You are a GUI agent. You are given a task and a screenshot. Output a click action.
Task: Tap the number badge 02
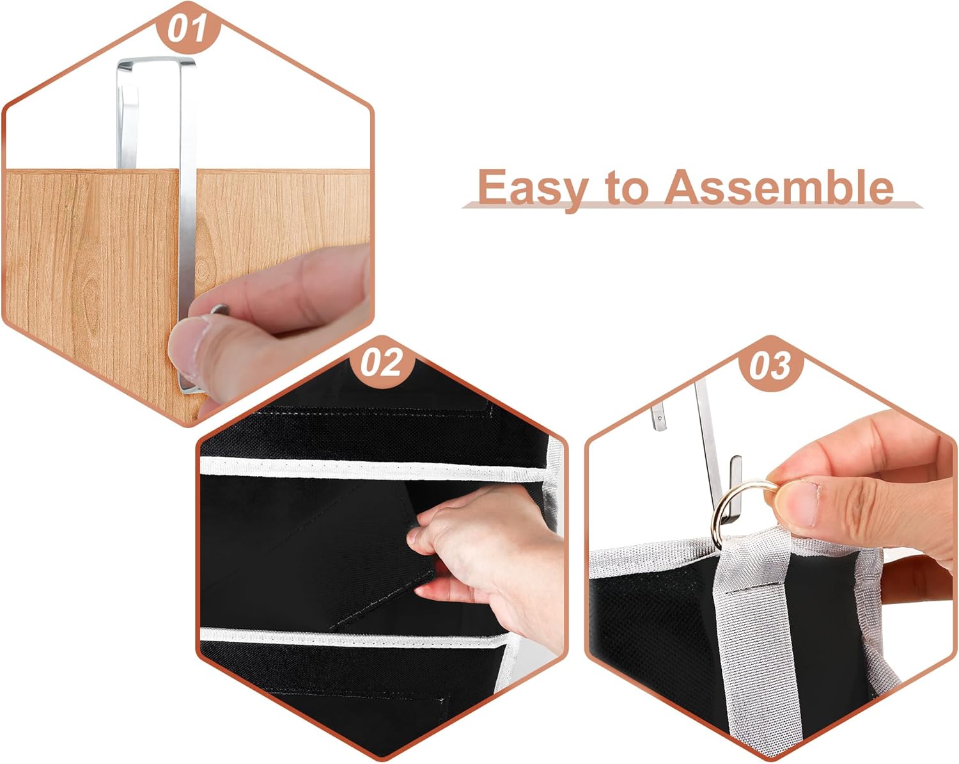(382, 363)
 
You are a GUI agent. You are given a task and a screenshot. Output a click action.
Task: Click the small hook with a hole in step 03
(659, 417)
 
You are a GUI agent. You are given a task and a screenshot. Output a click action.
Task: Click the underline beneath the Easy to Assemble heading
(692, 205)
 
